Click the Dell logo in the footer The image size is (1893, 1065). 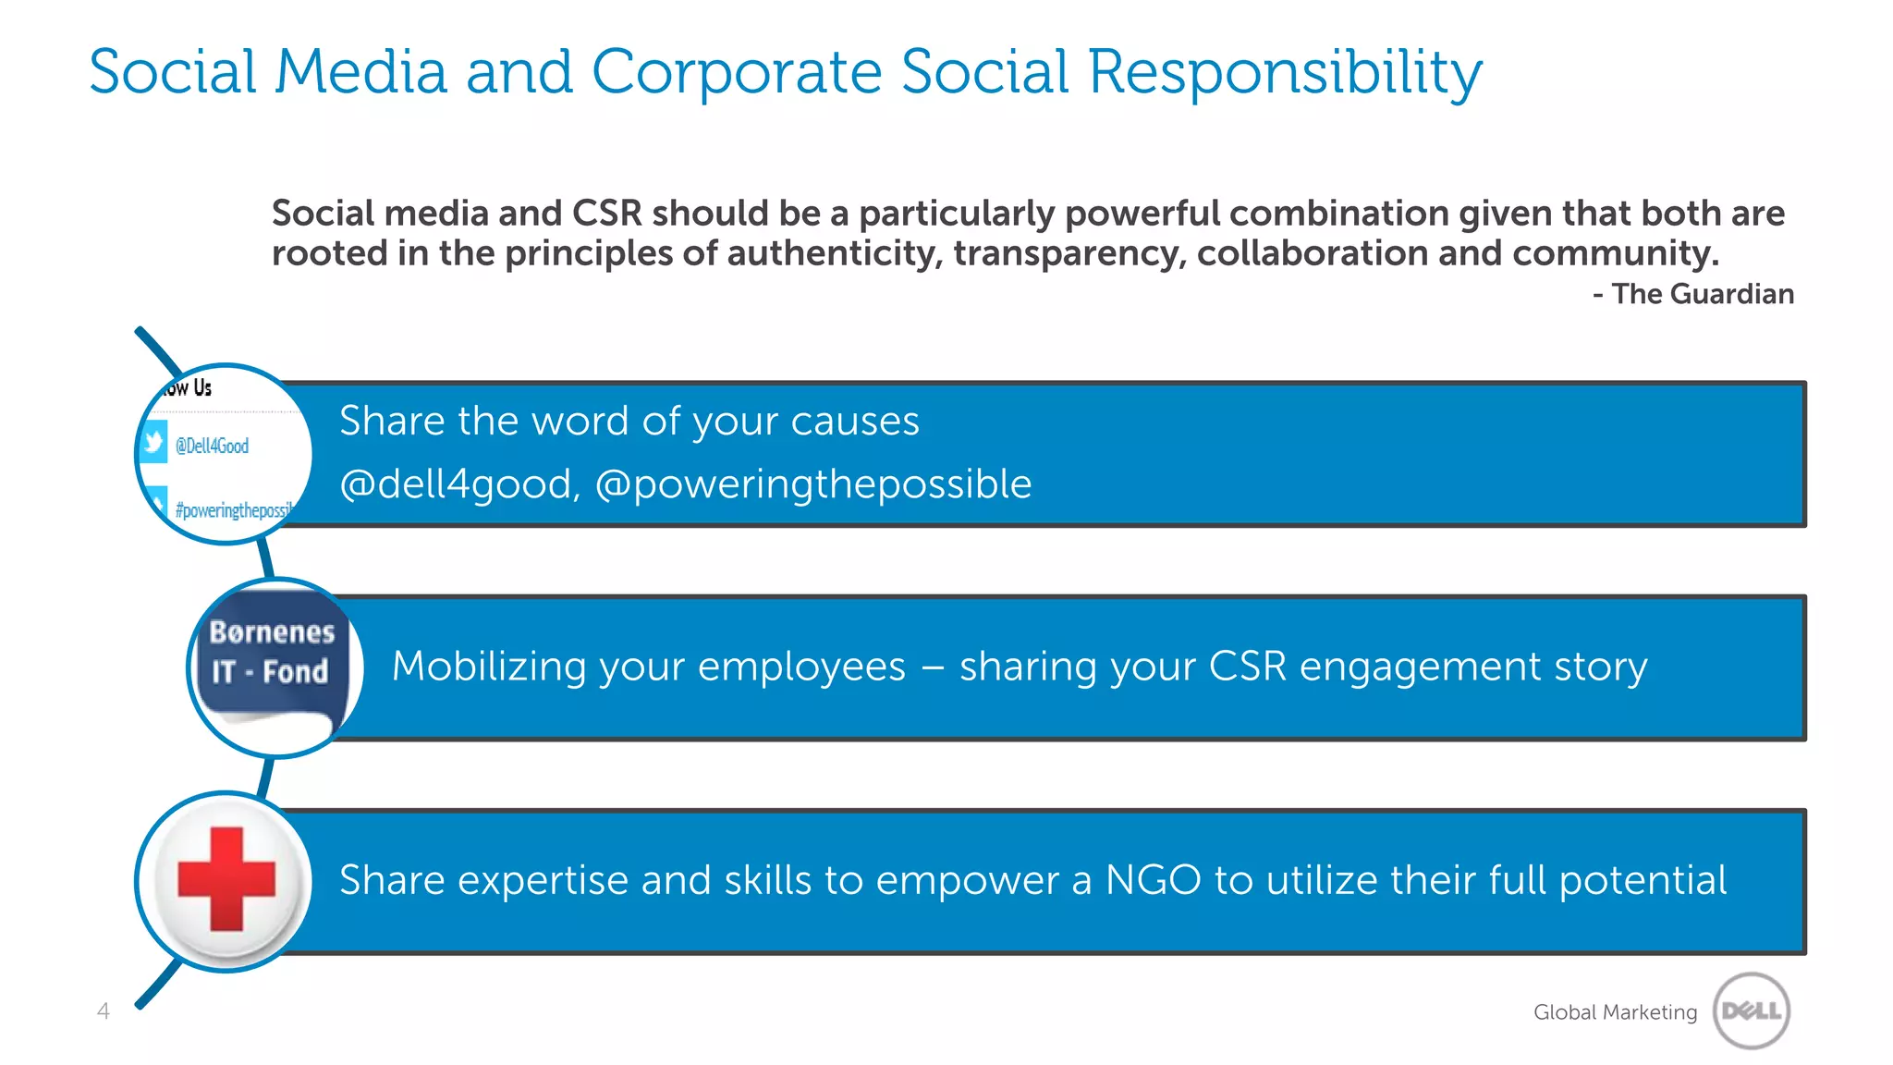coord(1751,1010)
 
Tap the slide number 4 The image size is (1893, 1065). coord(104,1011)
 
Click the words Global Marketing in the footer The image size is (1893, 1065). coord(1615,1012)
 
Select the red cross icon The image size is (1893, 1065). coord(226,878)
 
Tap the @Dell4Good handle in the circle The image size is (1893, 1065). coord(212,446)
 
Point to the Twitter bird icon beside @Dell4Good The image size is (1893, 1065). coord(153,442)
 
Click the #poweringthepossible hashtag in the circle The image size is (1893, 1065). coord(234,510)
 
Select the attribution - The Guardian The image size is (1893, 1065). coord(1693,294)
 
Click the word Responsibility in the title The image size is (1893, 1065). coord(1285,72)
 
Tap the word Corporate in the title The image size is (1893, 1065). coord(737,72)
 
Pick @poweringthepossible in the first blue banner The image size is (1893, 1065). coord(813,484)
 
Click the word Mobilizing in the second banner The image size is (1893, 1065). coord(489,667)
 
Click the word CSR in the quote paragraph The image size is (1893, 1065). coord(606,214)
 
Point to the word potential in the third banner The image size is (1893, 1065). coord(1643,880)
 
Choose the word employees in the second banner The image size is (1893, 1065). coord(801,667)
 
